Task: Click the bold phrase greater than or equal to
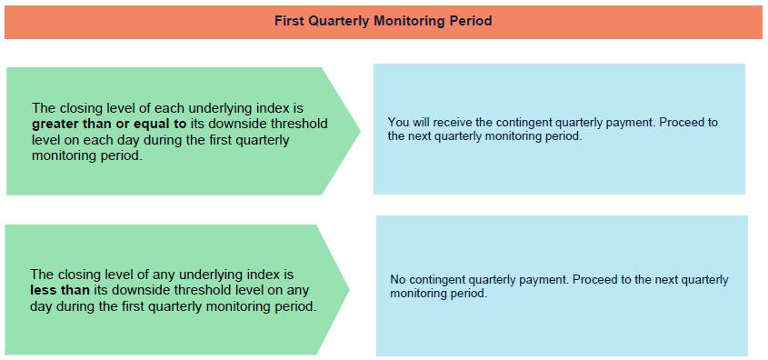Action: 109,124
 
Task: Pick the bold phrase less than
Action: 60,290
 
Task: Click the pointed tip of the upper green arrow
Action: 361,130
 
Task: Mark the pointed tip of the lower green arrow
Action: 349,289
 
